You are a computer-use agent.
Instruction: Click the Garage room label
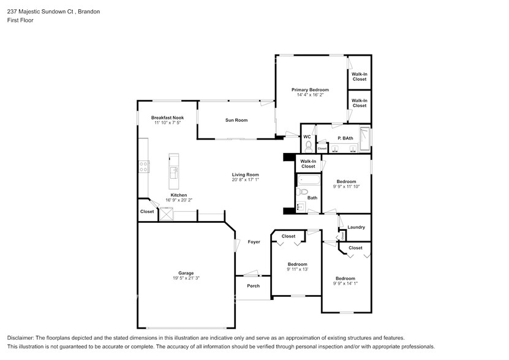point(186,273)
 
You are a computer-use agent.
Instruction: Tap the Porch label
point(253,286)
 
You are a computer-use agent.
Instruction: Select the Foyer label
point(254,242)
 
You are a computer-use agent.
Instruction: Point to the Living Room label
point(245,174)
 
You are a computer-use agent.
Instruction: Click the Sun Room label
point(236,120)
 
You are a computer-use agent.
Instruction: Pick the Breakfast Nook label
point(167,118)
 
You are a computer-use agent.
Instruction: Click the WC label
point(307,137)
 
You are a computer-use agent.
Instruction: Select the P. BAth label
point(345,138)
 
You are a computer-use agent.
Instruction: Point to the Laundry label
point(356,227)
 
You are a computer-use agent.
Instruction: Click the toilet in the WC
point(308,146)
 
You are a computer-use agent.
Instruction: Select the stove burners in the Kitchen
point(144,165)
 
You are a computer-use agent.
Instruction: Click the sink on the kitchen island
point(173,171)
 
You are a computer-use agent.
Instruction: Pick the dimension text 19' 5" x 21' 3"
point(186,279)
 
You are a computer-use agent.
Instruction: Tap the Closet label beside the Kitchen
point(147,212)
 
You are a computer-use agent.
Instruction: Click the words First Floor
point(20,20)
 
